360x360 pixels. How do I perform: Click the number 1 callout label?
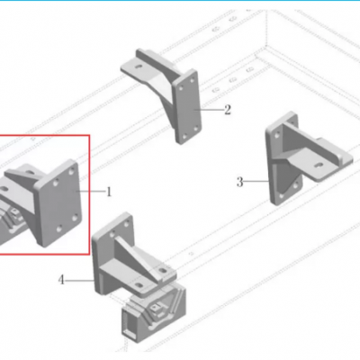[x=109, y=192]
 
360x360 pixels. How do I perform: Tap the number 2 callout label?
[x=228, y=110]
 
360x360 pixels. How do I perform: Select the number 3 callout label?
[x=239, y=182]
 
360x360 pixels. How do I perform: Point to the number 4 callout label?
[x=61, y=280]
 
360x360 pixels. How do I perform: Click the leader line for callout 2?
[x=209, y=110]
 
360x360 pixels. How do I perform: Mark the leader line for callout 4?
[x=80, y=281]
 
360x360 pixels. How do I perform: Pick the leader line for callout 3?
[x=256, y=181]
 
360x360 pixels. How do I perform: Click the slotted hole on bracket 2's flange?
[x=139, y=67]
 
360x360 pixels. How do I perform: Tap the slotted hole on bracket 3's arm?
[x=319, y=165]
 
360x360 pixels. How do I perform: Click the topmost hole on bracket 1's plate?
[x=71, y=172]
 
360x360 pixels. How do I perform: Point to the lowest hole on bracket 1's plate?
[x=59, y=229]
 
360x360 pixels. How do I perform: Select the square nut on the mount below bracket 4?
[x=155, y=307]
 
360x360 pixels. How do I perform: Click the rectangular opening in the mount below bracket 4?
[x=130, y=327]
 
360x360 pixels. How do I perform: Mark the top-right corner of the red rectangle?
[x=89, y=135]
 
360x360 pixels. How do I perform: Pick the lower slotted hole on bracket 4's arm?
[x=139, y=286]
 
